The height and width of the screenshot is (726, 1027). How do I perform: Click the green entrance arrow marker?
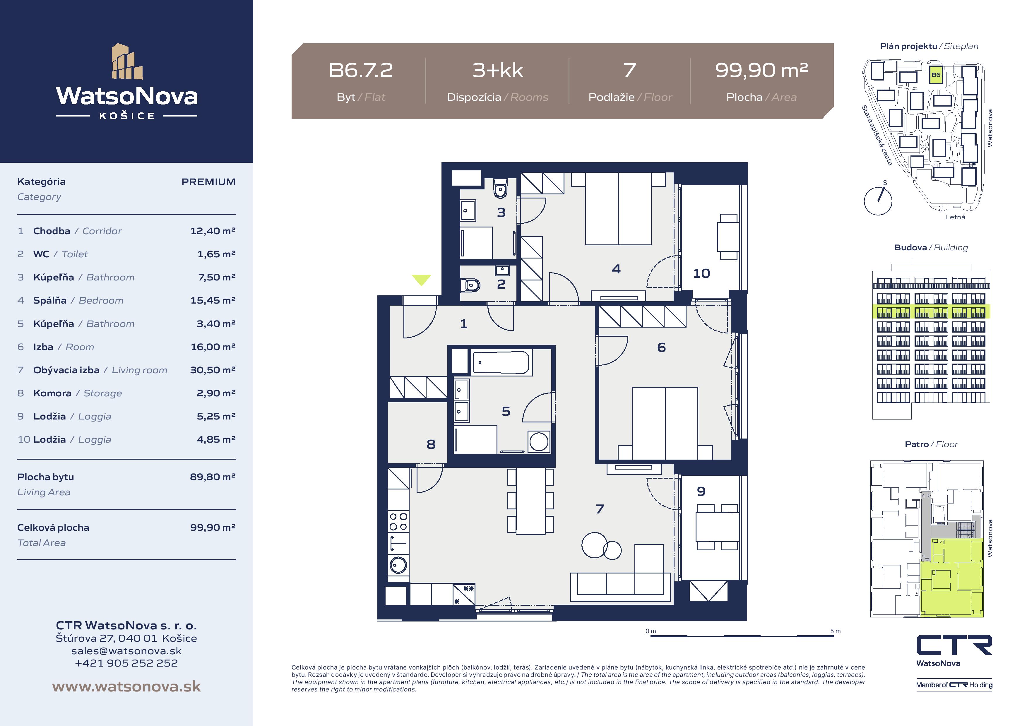coord(421,280)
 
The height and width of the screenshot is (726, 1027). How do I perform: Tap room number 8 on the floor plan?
coord(431,444)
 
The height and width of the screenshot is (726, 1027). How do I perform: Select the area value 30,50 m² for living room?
coord(213,370)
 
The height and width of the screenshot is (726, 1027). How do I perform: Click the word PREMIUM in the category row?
coord(208,181)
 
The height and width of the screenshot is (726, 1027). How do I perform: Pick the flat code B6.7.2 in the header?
coord(360,70)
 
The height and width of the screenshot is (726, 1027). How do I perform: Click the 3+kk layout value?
coord(497,70)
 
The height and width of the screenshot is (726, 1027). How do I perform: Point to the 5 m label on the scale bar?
coord(835,631)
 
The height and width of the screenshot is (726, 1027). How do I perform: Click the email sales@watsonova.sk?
coord(126,651)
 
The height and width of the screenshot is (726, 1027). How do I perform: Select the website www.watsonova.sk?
coord(126,686)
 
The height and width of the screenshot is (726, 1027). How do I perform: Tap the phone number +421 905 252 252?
coord(126,663)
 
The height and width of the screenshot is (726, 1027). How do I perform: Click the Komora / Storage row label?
coord(77,393)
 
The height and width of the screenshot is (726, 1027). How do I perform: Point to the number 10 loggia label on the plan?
coord(701,273)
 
